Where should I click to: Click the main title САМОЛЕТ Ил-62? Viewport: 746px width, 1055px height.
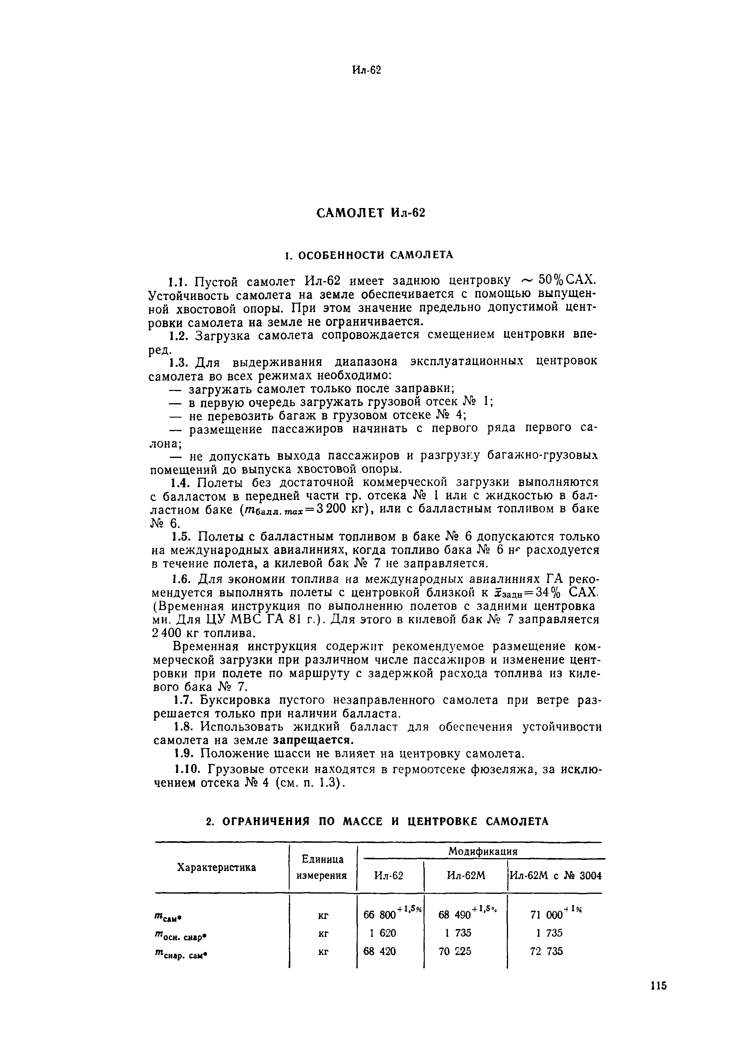coord(371,213)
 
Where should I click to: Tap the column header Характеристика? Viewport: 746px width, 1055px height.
coord(217,867)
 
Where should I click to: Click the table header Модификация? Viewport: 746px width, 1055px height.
coord(482,851)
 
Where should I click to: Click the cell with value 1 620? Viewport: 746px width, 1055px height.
coord(379,933)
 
